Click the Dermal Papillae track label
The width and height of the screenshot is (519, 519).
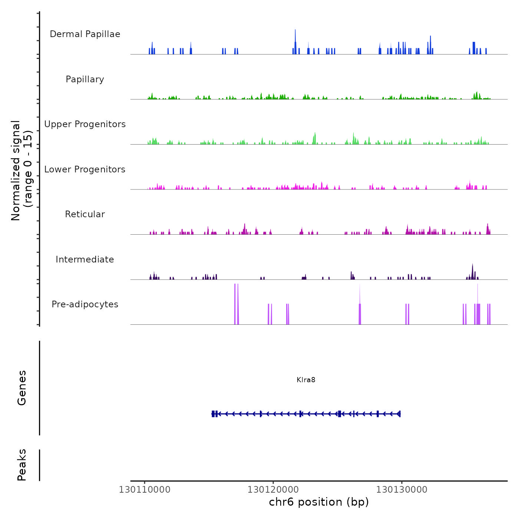(x=85, y=34)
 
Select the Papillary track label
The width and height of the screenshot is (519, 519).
(x=85, y=79)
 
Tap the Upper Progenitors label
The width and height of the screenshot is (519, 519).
(x=85, y=124)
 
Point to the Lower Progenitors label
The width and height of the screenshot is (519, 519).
(x=85, y=169)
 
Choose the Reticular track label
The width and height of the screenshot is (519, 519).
(x=85, y=214)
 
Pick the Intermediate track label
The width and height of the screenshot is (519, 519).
(x=85, y=259)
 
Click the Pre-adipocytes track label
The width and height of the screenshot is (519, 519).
(x=85, y=304)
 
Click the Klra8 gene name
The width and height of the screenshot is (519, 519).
(x=306, y=380)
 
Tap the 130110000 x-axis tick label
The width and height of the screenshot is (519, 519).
(x=145, y=490)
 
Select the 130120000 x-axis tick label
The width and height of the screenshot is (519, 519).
(x=273, y=490)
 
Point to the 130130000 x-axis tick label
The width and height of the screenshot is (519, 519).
(x=402, y=490)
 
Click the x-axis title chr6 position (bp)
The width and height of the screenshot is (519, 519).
(x=319, y=502)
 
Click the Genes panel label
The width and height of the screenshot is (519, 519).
(x=22, y=388)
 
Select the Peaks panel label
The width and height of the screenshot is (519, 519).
(x=22, y=465)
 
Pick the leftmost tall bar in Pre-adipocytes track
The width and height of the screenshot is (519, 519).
(x=235, y=304)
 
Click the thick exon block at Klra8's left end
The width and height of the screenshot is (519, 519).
(x=214, y=414)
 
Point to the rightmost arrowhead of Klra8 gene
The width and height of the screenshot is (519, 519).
(x=399, y=414)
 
